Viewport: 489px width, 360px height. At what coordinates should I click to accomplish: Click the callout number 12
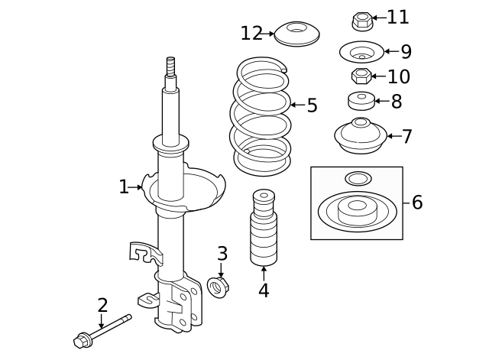pos(251,34)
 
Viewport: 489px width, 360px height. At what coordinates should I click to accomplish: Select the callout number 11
pos(398,17)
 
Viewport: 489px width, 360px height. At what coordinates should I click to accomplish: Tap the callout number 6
pos(416,203)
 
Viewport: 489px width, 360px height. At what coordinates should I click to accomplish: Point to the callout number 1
pos(124,186)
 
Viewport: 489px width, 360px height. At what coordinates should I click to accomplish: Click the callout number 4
pos(264,290)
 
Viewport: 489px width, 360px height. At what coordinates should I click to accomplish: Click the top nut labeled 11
pos(361,18)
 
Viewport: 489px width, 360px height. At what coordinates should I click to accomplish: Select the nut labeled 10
pos(361,76)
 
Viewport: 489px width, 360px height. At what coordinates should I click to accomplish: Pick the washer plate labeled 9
pos(361,53)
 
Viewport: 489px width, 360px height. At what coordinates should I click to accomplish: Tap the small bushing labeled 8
pos(361,100)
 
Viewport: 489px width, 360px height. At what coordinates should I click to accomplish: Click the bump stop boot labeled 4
pos(264,229)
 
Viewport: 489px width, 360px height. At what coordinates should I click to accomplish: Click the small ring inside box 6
pos(357,179)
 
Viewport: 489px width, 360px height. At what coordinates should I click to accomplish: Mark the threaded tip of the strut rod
pos(171,66)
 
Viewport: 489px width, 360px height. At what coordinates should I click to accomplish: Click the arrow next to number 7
pos(393,137)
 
